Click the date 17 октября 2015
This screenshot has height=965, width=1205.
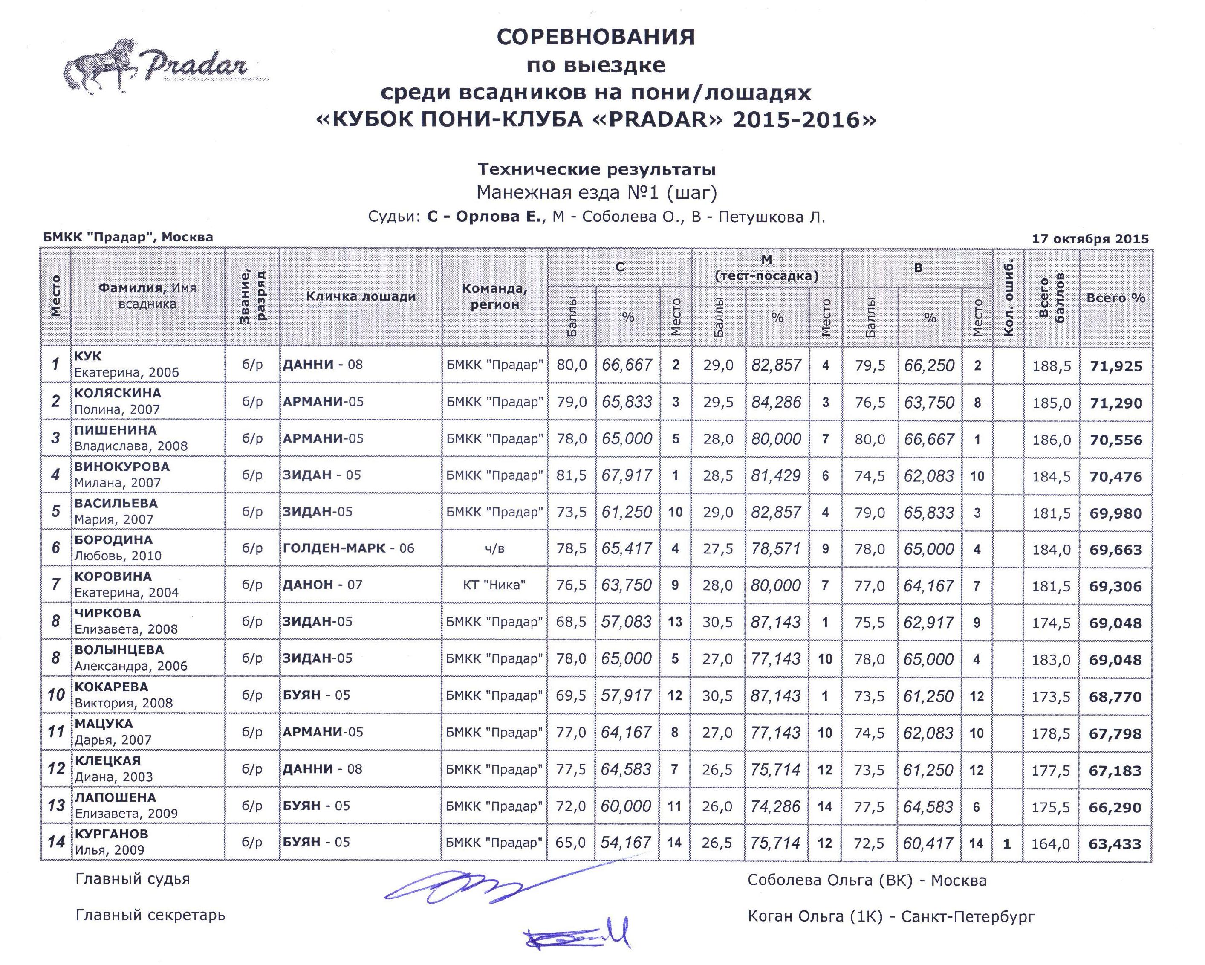pos(1090,239)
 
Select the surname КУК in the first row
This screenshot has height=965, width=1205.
pos(88,356)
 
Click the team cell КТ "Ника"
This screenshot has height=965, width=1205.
pos(494,585)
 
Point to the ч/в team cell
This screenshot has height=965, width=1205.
pos(494,548)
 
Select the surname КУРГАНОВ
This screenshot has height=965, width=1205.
pos(111,834)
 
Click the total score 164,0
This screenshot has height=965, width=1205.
pos(1050,843)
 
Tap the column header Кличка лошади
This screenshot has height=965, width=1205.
pos(361,296)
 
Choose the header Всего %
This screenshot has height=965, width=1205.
pos(1115,298)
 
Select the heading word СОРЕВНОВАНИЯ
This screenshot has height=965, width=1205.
pos(596,38)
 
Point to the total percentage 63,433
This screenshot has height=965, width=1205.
pos(1115,843)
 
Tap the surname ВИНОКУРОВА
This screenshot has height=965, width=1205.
pos(122,466)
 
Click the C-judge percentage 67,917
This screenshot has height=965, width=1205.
pos(627,475)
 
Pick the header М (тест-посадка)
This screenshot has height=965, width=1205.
pos(766,268)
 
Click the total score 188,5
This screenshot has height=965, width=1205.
pos(1051,367)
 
